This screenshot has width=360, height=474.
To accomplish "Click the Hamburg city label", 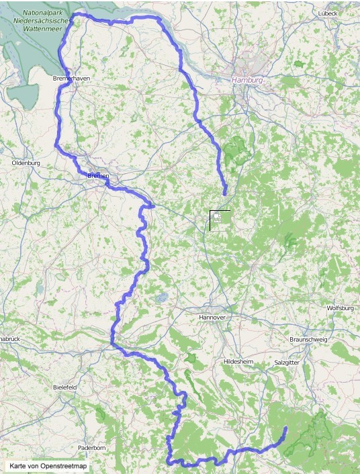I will pos(247,80).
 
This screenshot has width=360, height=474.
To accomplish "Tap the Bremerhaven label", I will pos(71,79).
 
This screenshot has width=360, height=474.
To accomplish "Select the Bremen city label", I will pos(98,175).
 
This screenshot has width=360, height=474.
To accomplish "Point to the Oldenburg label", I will pos(27,163).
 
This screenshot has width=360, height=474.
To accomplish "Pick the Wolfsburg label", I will pos(339,308).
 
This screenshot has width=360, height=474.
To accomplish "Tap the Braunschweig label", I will pos(308,340).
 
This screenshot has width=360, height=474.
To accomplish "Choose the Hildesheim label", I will pos(238,361).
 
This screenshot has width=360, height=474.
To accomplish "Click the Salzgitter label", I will pos(287,362).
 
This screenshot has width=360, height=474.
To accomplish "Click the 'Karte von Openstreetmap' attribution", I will pos(48,465).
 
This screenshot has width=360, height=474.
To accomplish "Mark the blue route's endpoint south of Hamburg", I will pos(225,193).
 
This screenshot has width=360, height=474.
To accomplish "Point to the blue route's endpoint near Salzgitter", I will pos(285,428).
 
